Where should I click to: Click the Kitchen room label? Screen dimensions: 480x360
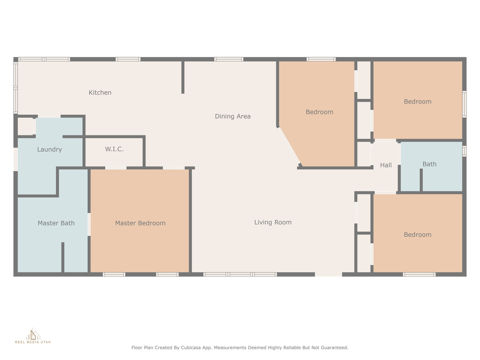pos(100,92)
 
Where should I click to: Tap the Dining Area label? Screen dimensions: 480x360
pos(232,116)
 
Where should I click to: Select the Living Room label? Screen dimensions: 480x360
pos(273,222)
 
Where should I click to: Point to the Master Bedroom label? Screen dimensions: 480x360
pos(140,223)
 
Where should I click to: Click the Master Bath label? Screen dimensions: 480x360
pos(56,223)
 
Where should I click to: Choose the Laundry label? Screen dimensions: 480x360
pos(49,150)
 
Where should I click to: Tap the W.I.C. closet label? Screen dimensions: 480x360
pos(114,149)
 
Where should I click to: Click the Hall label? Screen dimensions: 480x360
pos(386,165)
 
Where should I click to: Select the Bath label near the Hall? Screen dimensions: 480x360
pos(429,164)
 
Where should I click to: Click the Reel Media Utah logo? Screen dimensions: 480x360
pos(33,336)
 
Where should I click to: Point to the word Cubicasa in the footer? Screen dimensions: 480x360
pos(192,348)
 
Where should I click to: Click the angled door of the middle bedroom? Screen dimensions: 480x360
pos(289,146)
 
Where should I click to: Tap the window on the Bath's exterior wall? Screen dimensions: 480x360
pos(465,151)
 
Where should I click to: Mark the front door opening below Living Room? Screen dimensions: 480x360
pos(329,274)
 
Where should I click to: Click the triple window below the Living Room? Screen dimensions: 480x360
pos(240,274)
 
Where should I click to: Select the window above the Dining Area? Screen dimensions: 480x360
pos(229,59)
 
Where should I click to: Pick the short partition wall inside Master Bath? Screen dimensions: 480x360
pos(63,257)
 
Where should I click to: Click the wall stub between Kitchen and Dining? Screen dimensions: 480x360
pos(183,77)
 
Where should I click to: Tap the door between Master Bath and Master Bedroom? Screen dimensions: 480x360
pos(89,225)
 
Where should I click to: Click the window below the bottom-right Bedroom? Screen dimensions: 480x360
pos(419,274)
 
